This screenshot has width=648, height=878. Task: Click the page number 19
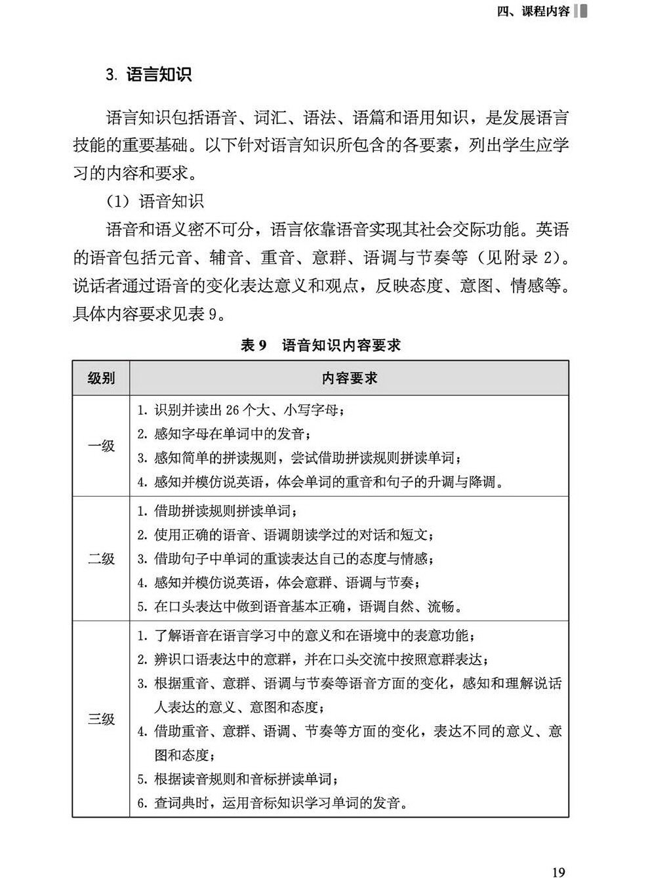pyautogui.click(x=558, y=871)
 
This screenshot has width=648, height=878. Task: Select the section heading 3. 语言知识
pyautogui.click(x=149, y=75)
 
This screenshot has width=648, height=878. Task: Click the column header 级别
pyautogui.click(x=101, y=378)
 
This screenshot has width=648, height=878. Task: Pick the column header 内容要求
pyautogui.click(x=349, y=378)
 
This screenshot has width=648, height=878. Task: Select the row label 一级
pyautogui.click(x=101, y=446)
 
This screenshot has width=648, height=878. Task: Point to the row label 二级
pyautogui.click(x=101, y=559)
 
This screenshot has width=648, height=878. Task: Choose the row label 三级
pyautogui.click(x=101, y=719)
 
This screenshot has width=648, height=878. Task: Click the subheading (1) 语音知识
pyautogui.click(x=155, y=201)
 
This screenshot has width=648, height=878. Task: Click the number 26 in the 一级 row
pyautogui.click(x=232, y=411)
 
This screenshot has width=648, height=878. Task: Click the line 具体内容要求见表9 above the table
pyautogui.click(x=150, y=314)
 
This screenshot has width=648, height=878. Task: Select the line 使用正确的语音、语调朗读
pyautogui.click(x=286, y=535)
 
